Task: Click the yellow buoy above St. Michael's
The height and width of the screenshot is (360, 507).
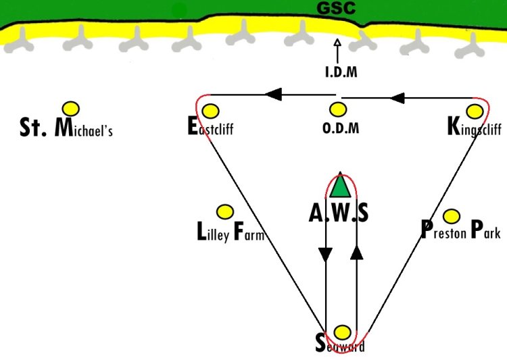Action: point(71,109)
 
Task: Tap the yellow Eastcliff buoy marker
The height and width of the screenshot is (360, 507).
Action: point(210,111)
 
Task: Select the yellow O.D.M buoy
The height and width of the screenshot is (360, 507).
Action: point(338,109)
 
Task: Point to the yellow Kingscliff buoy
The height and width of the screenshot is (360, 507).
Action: point(475,111)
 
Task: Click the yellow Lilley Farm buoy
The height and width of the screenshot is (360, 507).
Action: point(225,212)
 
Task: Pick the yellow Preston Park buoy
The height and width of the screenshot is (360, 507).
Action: point(452,216)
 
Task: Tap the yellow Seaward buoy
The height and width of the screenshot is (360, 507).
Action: point(342,332)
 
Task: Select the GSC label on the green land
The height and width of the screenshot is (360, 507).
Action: point(336,7)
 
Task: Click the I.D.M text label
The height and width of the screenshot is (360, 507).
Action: point(341,72)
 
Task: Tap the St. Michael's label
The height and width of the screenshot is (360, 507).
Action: point(66,128)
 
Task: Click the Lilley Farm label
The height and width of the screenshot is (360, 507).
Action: point(231,232)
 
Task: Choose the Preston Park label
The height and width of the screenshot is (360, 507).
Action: point(461,230)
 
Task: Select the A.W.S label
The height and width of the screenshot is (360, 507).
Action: point(338,213)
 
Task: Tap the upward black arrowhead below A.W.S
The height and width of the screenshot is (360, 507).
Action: point(357,253)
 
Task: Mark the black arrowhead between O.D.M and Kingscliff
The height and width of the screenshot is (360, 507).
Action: point(397,97)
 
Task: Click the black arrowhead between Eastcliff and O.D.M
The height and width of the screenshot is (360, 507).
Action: point(273,95)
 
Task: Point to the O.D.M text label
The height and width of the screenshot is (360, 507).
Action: point(341,128)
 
